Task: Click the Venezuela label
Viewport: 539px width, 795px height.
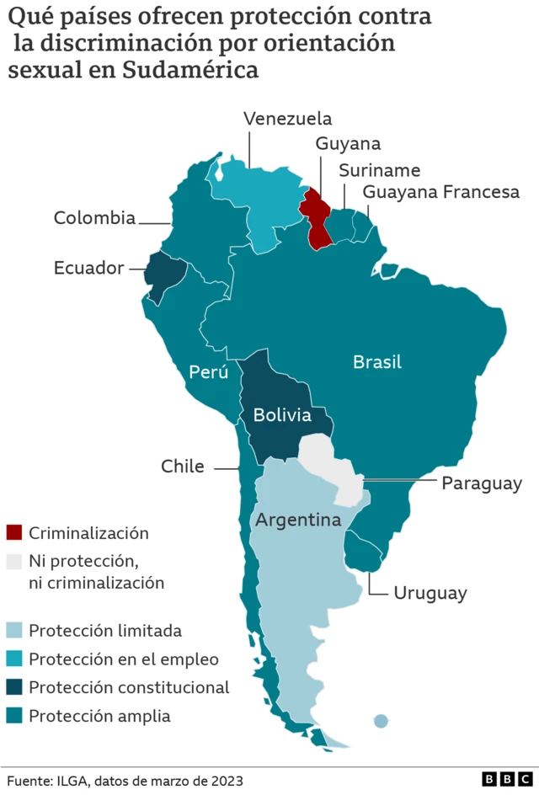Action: pos(287,119)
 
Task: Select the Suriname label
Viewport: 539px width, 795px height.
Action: pos(379,170)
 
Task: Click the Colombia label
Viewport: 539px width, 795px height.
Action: pos(94,218)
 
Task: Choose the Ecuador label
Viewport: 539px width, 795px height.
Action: pos(88,268)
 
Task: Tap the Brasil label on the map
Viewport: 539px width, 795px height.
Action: pos(376,362)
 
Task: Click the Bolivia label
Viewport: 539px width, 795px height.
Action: pos(282,415)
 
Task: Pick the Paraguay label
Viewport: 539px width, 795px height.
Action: pos(482,484)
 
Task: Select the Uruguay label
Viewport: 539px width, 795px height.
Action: pos(430,593)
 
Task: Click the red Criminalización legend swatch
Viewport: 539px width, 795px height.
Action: pos(14,532)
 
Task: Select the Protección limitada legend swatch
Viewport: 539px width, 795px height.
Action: pos(14,630)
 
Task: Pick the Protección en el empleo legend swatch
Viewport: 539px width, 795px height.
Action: pos(14,659)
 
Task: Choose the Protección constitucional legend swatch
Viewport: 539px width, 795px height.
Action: pos(14,687)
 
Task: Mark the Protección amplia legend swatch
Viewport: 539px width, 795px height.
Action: pos(14,716)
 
